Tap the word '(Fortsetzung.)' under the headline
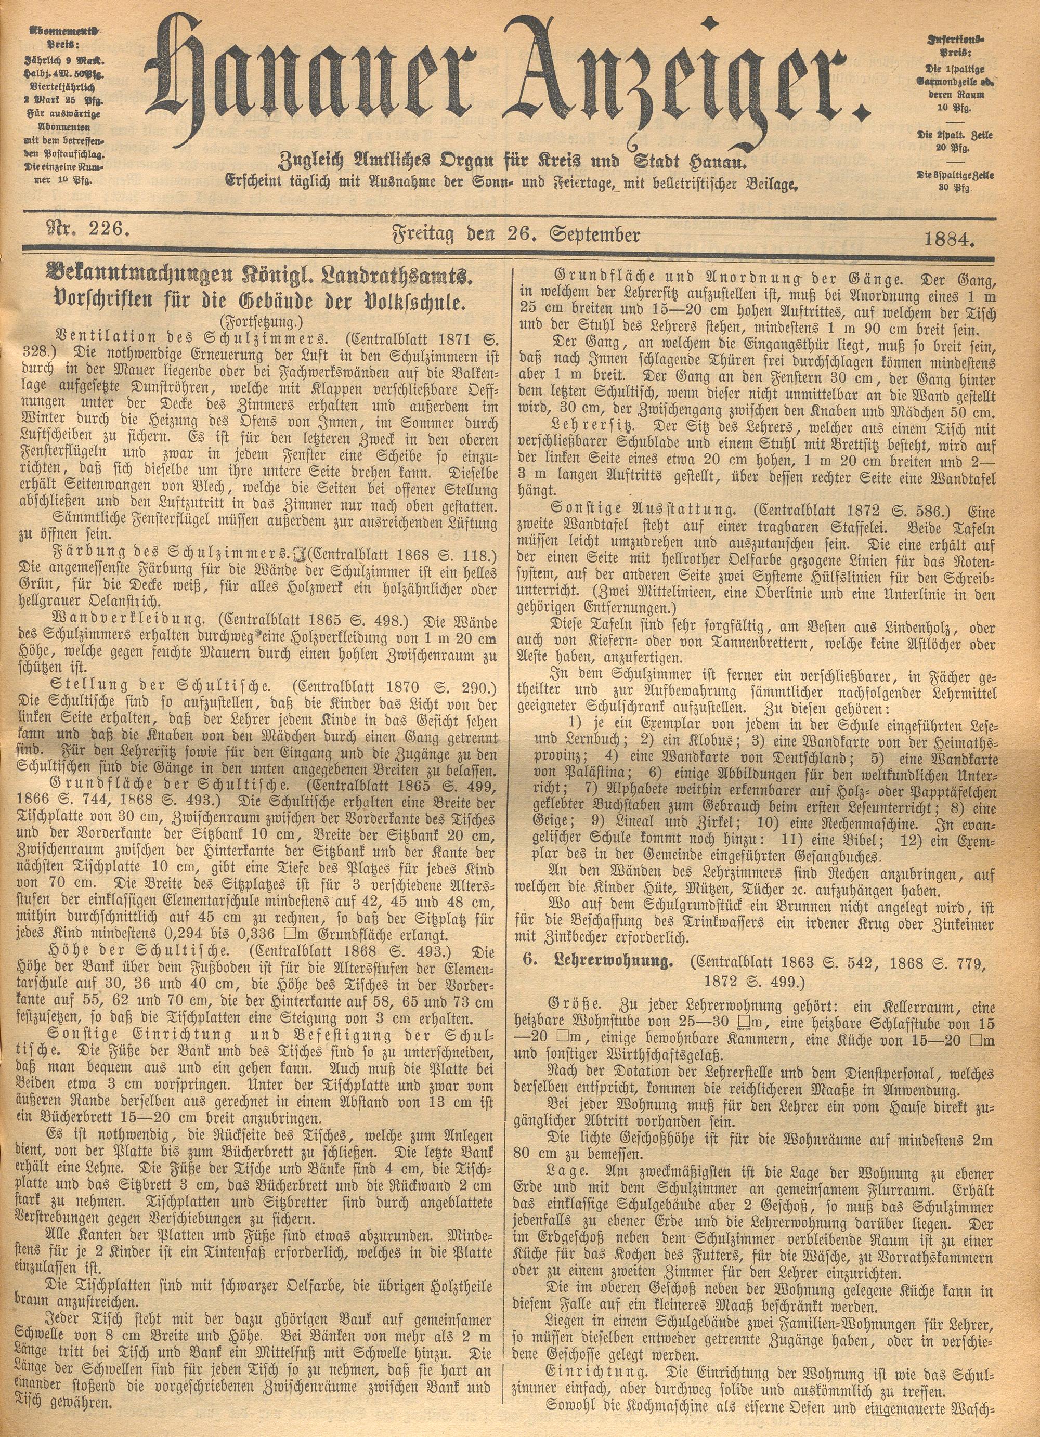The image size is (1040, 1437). click(258, 319)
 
